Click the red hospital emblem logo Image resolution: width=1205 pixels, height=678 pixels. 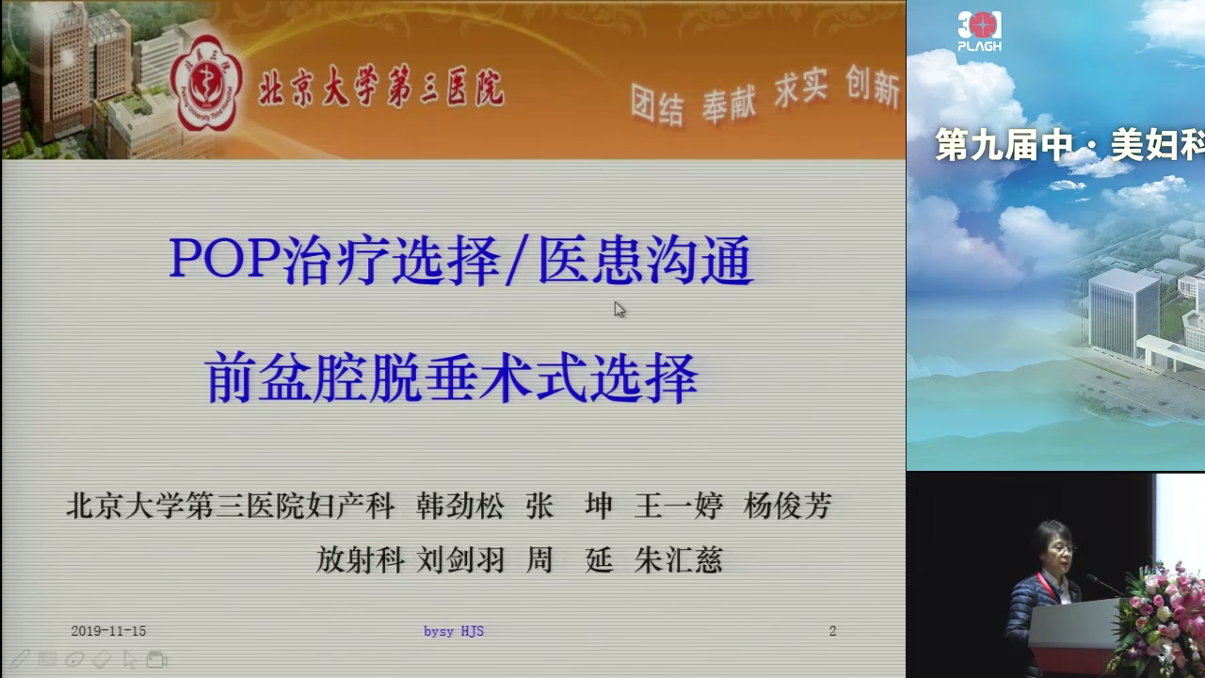pos(206,84)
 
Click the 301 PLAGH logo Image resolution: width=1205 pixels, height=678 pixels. pos(980,31)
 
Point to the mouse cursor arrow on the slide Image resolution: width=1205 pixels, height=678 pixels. pos(619,310)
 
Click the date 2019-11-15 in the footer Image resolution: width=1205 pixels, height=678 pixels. pos(108,631)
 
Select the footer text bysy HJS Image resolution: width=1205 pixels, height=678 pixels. pos(454,631)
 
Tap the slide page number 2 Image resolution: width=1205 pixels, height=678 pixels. pos(832,631)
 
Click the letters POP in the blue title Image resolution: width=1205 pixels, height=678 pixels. pos(224,258)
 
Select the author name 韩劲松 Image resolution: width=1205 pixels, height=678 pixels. pos(460,506)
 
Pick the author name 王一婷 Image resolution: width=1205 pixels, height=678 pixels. pos(679,506)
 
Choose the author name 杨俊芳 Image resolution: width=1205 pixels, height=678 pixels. pos(788,506)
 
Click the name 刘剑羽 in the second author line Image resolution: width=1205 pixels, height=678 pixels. pos(460,560)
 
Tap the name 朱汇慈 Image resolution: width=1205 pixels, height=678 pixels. pos(678,560)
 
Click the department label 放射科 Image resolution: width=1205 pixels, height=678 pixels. pos(360,560)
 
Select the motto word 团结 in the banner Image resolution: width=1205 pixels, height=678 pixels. pos(657,105)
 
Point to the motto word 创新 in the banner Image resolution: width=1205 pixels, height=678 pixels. pos(873,86)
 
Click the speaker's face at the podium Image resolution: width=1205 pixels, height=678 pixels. pos(1054,549)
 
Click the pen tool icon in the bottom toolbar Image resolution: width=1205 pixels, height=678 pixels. pos(20,659)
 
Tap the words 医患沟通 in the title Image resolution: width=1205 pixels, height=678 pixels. pos(646,261)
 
